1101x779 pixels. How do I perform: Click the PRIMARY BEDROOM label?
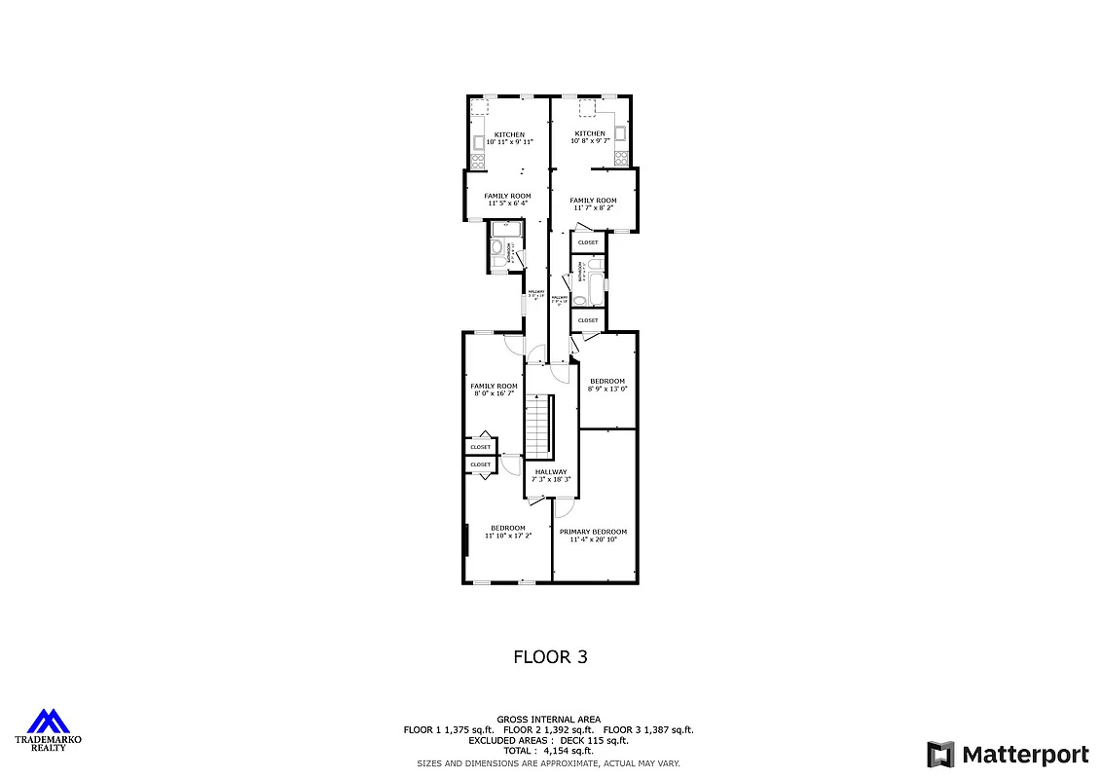coord(594,532)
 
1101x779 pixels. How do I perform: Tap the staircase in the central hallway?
coord(539,426)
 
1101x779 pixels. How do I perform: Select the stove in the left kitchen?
coord(478,161)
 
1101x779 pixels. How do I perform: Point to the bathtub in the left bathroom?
coord(504,229)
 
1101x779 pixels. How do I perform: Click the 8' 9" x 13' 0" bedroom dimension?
coord(607,389)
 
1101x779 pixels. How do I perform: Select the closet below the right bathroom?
coord(588,319)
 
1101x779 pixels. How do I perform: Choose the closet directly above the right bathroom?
coord(588,242)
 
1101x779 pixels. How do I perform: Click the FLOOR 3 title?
coord(550,657)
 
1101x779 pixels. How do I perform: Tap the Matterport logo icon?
coord(940,754)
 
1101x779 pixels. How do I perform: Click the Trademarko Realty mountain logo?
coord(48,722)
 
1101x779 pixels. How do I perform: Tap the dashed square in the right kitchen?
coord(588,108)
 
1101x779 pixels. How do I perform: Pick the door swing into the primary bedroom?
coord(565,506)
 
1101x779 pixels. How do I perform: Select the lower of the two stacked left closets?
coord(481,464)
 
